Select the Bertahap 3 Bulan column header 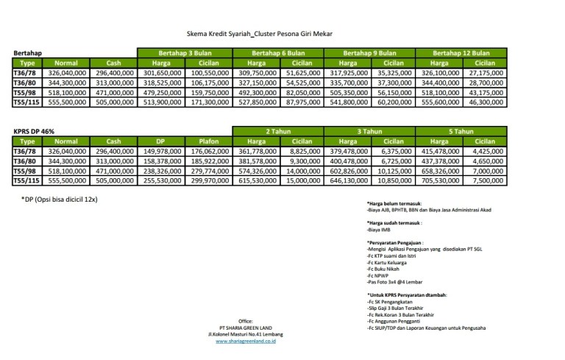[185, 53]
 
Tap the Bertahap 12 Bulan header [461, 53]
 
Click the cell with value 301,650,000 [162, 74]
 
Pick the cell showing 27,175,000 [484, 74]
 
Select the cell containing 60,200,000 [392, 103]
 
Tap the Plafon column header [208, 141]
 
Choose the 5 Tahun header [461, 131]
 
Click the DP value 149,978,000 [162, 152]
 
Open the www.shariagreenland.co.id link [251, 341]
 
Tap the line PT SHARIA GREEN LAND [251, 328]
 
